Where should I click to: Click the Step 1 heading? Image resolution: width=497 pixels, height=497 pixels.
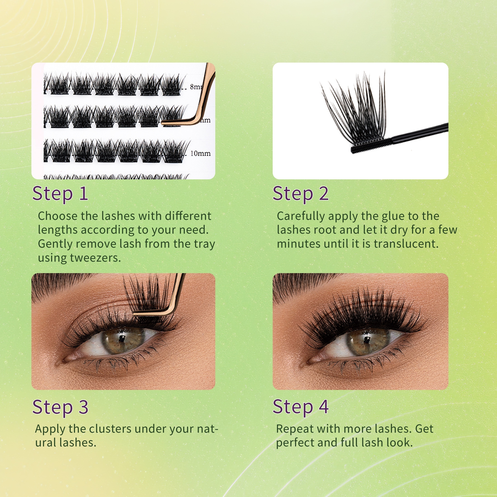click(x=60, y=194)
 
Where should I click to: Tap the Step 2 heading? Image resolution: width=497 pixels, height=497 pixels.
click(x=301, y=194)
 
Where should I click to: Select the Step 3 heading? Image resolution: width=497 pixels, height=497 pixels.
click(x=60, y=407)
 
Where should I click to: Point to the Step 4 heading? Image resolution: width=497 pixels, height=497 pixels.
click(x=301, y=407)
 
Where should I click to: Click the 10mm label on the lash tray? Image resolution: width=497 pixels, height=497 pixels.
click(x=200, y=154)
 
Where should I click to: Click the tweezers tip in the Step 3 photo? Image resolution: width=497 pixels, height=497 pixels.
click(x=134, y=313)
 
